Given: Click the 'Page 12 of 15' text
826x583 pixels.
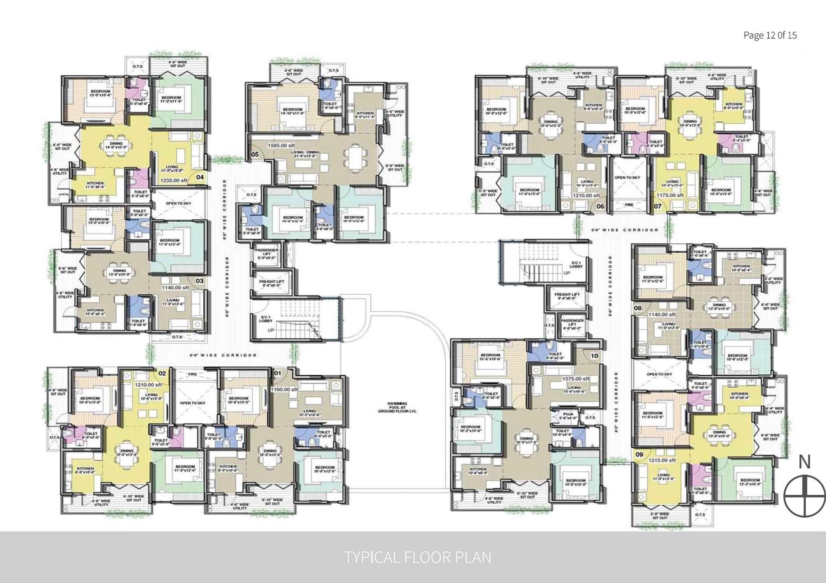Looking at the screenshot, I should click(x=770, y=35).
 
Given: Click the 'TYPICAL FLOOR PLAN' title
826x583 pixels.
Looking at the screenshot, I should click(x=418, y=557).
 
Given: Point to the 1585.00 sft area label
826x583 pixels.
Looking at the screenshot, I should click(x=281, y=145).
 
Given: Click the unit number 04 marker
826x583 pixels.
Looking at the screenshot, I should click(x=200, y=177).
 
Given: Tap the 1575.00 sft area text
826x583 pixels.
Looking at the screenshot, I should click(x=575, y=379).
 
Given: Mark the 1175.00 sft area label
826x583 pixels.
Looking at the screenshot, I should click(x=670, y=195).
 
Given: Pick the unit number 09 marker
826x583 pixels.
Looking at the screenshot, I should click(x=639, y=454).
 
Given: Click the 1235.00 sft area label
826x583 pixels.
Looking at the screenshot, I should click(x=174, y=180).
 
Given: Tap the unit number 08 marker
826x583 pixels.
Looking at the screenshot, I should click(x=637, y=308).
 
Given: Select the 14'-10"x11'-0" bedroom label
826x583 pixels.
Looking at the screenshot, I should click(x=293, y=112).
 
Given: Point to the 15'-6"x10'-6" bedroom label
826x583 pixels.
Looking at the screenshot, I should click(x=490, y=357).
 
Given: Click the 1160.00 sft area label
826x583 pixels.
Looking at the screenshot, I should click(x=284, y=389).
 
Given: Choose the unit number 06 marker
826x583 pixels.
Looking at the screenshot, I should click(x=600, y=206).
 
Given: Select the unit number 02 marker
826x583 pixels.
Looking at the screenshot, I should click(x=162, y=374).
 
